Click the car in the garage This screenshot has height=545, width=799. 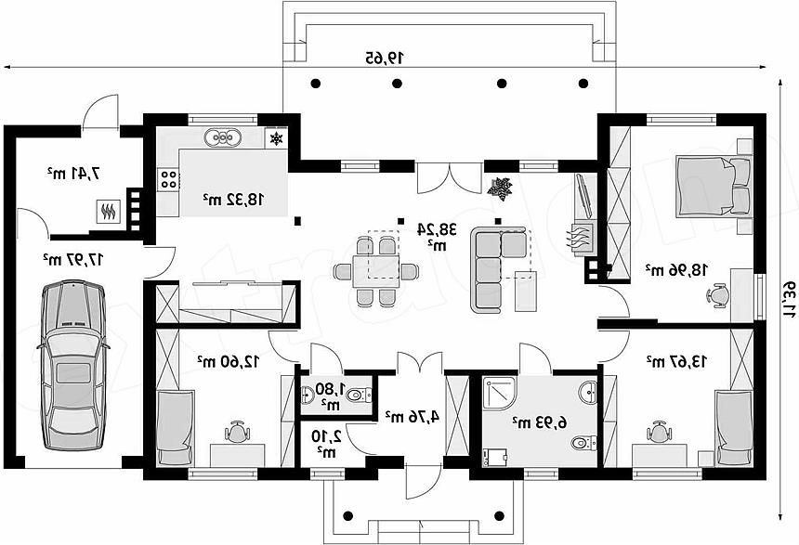pyautogui.click(x=73, y=365)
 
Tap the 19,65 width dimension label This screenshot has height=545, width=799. pyautogui.click(x=385, y=58)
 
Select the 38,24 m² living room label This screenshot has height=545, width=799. pyautogui.click(x=437, y=235)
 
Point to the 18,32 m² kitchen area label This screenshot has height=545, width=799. pyautogui.click(x=234, y=200)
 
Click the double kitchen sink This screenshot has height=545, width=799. pyautogui.click(x=223, y=137)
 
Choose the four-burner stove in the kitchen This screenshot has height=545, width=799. pyautogui.click(x=169, y=179)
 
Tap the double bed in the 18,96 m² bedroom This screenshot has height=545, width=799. pyautogui.click(x=714, y=186)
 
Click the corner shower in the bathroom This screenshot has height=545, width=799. pyautogui.click(x=500, y=395)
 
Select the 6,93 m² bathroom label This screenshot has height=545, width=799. pyautogui.click(x=540, y=422)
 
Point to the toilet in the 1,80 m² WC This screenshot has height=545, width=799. pyautogui.click(x=360, y=394)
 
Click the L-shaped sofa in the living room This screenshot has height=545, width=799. pyautogui.click(x=498, y=269)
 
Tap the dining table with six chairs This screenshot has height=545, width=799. pyautogui.click(x=376, y=271)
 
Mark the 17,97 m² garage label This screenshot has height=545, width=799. pyautogui.click(x=73, y=259)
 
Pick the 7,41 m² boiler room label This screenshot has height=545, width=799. pyautogui.click(x=74, y=174)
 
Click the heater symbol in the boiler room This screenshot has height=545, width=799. pyautogui.click(x=109, y=212)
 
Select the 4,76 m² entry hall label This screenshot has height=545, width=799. pyautogui.click(x=412, y=416)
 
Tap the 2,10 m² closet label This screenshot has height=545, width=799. pyautogui.click(x=326, y=442)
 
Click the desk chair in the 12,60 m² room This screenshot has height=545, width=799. pyautogui.click(x=238, y=432)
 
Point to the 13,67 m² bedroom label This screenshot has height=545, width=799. pyautogui.click(x=676, y=361)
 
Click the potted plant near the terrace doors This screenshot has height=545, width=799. pyautogui.click(x=500, y=188)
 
